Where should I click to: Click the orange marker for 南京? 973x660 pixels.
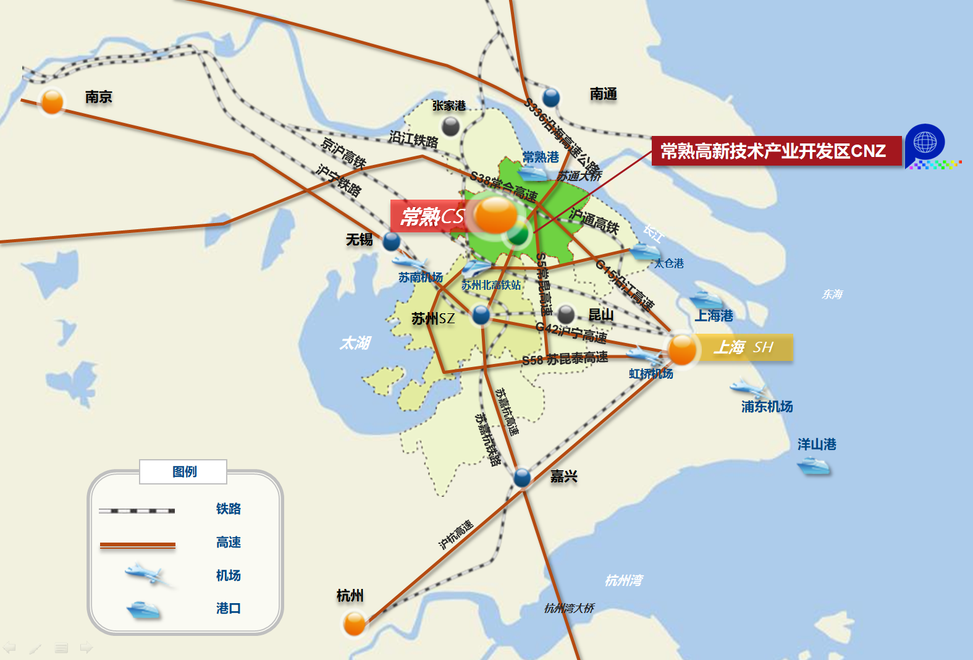(52, 102)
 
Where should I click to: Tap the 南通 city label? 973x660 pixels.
(603, 94)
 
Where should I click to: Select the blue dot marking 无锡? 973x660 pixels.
(391, 241)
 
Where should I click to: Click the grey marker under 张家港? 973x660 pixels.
(451, 126)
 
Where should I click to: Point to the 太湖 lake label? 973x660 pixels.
(355, 343)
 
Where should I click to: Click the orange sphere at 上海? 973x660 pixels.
(682, 349)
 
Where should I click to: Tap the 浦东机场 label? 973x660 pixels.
(767, 407)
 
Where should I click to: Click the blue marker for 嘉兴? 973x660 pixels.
(522, 477)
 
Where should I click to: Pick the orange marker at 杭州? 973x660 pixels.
(355, 623)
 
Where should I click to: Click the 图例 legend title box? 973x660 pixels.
(183, 472)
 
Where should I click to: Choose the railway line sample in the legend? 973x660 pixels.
(137, 510)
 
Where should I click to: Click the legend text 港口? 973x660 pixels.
(228, 608)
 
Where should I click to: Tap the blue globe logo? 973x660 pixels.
(925, 143)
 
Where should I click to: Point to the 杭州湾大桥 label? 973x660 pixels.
(569, 608)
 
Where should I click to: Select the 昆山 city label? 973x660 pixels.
(600, 315)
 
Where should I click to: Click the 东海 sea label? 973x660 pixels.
(832, 294)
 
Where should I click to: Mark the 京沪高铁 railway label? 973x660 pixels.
(343, 153)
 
